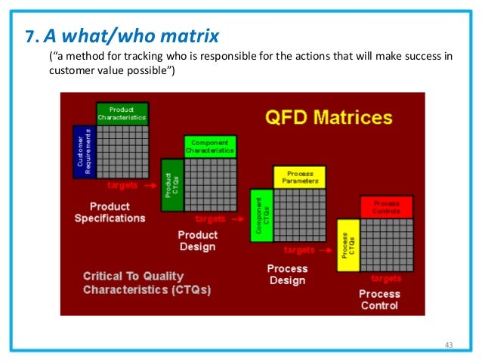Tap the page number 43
pyautogui.click(x=449, y=345)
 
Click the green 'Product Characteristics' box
pyautogui.click(x=122, y=113)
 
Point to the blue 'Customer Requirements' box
pyautogui.click(x=83, y=152)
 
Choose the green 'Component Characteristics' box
pyautogui.click(x=210, y=146)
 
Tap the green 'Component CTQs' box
pyautogui.click(x=261, y=216)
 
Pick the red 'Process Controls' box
pyautogui.click(x=386, y=206)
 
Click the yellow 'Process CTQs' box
pyautogui.click(x=348, y=246)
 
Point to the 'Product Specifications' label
pyautogui.click(x=110, y=212)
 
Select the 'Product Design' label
pyautogui.click(x=196, y=241)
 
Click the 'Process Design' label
pyautogui.click(x=287, y=274)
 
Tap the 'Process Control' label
pyautogui.click(x=379, y=299)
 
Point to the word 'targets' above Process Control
pyautogui.click(x=385, y=278)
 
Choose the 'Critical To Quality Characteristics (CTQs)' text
pyautogui.click(x=147, y=283)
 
